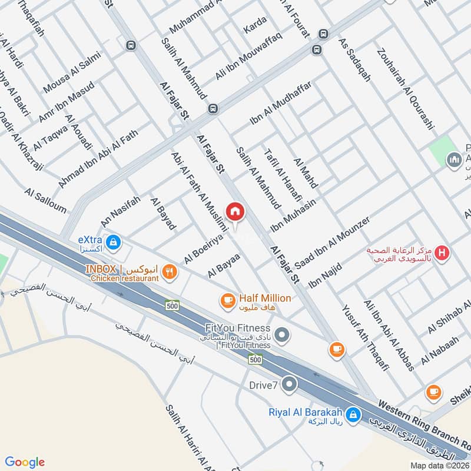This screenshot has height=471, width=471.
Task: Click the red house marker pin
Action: tap(235, 211)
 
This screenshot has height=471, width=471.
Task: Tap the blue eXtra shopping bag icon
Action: tap(114, 241)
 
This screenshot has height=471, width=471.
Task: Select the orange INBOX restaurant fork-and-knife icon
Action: tap(170, 271)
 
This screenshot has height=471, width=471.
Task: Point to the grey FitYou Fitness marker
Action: tap(283, 336)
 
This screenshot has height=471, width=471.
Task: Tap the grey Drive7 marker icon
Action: tap(289, 385)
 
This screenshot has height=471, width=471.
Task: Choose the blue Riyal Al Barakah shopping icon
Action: tap(353, 414)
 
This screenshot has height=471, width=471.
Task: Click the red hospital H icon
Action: tap(443, 254)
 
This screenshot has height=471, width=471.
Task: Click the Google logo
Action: tap(25, 462)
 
